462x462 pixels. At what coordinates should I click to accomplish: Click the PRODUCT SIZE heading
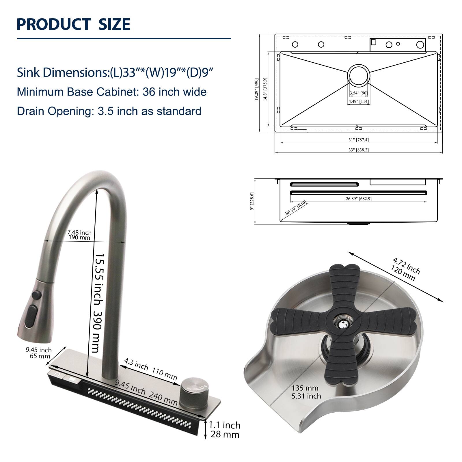pyautogui.click(x=74, y=24)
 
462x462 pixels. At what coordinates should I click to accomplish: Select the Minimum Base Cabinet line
pyautogui.click(x=112, y=92)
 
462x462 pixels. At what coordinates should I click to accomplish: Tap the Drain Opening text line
pyautogui.click(x=109, y=111)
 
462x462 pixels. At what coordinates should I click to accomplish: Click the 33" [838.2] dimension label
pyautogui.click(x=358, y=150)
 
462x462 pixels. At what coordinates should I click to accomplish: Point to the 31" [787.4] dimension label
pyautogui.click(x=358, y=140)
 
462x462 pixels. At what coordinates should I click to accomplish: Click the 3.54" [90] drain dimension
pyautogui.click(x=358, y=93)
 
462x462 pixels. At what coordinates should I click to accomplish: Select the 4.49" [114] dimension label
pyautogui.click(x=358, y=101)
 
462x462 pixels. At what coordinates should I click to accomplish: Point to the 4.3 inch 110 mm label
pyautogui.click(x=150, y=369)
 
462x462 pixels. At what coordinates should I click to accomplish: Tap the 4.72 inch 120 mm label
pyautogui.click(x=406, y=269)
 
